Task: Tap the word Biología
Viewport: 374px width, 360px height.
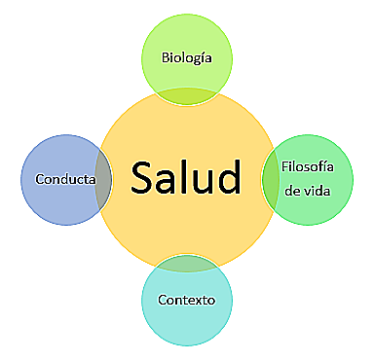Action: [x=187, y=58]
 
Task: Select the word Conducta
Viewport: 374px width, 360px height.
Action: [x=65, y=179]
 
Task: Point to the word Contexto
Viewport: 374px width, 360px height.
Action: [x=186, y=298]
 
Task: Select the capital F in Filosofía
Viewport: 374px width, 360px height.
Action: [x=283, y=166]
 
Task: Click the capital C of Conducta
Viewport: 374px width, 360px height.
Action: [x=39, y=179]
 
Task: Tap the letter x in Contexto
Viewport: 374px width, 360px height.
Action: [x=201, y=298]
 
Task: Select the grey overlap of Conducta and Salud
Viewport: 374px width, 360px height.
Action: [x=101, y=179]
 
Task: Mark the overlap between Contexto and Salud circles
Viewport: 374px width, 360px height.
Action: [x=186, y=263]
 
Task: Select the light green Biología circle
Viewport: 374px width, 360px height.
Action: [x=187, y=34]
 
